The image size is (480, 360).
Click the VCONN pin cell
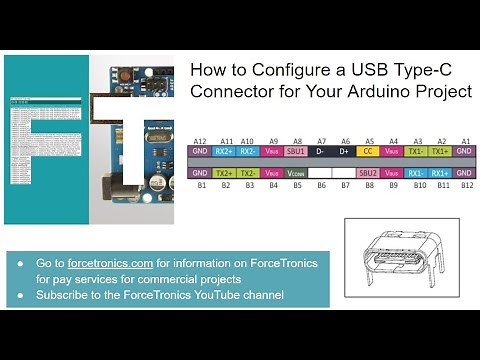[x=296, y=172]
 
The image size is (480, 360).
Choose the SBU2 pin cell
[x=369, y=172]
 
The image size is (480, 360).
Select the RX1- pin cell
[x=417, y=172]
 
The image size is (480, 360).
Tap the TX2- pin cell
[x=248, y=172]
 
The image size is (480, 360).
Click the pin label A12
[x=199, y=141]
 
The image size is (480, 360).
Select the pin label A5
[x=369, y=141]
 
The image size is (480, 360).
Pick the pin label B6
[x=321, y=184]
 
